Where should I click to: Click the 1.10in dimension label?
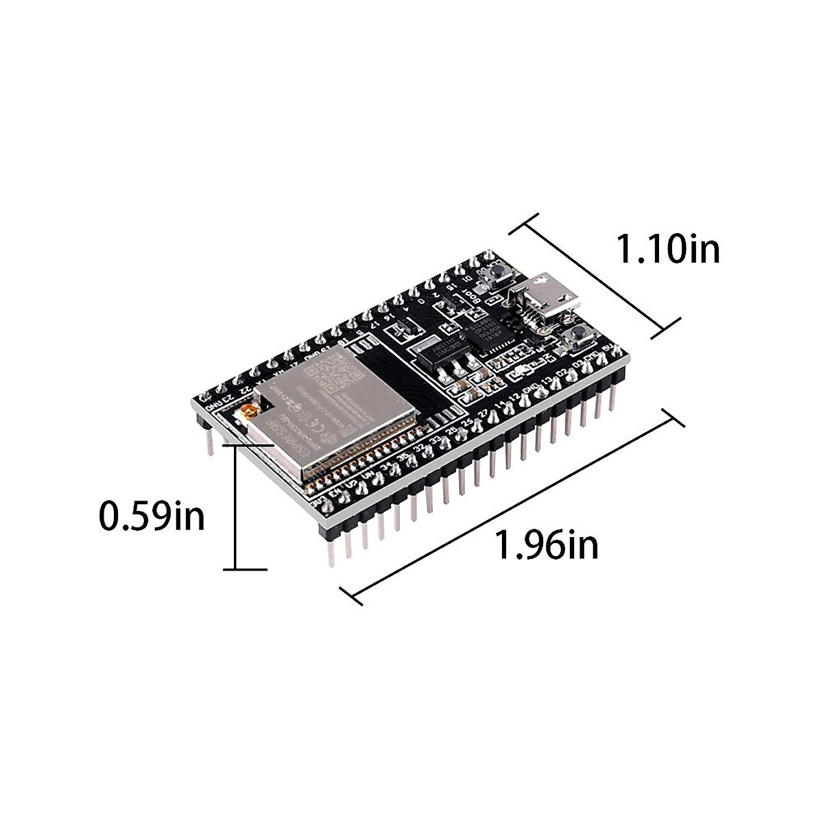(669, 248)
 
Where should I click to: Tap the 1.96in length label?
(547, 545)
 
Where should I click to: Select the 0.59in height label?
(152, 516)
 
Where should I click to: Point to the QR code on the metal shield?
(341, 375)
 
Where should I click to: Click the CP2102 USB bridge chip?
(485, 334)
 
